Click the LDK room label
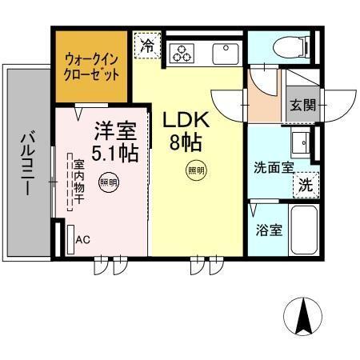click(186, 119)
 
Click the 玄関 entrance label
click(302, 104)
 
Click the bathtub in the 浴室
click(302, 230)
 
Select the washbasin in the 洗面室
click(302, 145)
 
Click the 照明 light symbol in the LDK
click(195, 170)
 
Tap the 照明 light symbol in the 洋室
click(106, 182)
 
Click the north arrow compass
click(304, 318)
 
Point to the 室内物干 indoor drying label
click(79, 182)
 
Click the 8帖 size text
click(186, 144)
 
